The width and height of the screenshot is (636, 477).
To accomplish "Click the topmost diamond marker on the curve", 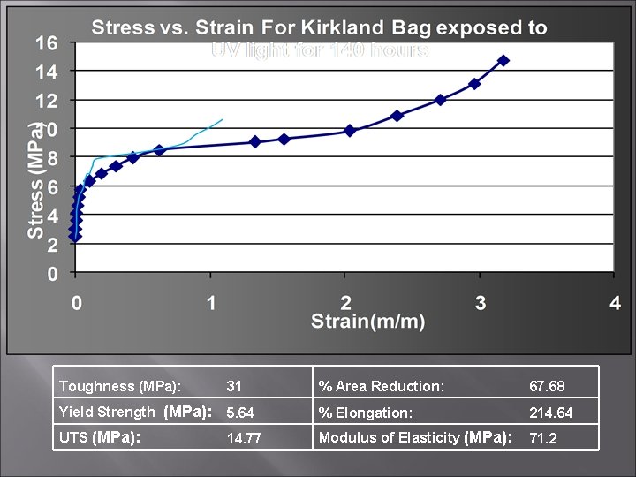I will [503, 60].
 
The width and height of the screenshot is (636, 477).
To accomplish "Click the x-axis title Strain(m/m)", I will [367, 322].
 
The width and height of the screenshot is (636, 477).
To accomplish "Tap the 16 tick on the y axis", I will [46, 42].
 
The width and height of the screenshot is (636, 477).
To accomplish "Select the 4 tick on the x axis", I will [615, 303].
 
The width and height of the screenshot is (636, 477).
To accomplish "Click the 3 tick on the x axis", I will [480, 303].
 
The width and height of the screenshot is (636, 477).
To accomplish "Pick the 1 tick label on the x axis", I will [211, 303].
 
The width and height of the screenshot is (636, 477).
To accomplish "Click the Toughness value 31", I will [234, 386].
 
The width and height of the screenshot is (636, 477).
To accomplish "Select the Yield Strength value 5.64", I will [240, 413].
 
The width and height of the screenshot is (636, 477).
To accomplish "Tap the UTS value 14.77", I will [244, 438].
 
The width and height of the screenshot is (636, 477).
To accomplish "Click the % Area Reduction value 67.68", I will [547, 386].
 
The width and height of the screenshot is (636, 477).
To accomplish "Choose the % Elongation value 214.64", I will [550, 413].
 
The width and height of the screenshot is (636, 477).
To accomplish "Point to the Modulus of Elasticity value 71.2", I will [542, 438].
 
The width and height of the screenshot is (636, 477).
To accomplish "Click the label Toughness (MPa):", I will [119, 386].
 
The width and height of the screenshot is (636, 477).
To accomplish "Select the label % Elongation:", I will [366, 413].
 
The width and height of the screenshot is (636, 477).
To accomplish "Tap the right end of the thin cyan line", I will [223, 119].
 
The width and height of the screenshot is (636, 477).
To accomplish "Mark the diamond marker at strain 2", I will [350, 130].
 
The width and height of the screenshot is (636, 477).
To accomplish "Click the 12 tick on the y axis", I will [46, 101].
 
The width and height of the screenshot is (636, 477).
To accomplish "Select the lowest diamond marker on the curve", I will [75, 237].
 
